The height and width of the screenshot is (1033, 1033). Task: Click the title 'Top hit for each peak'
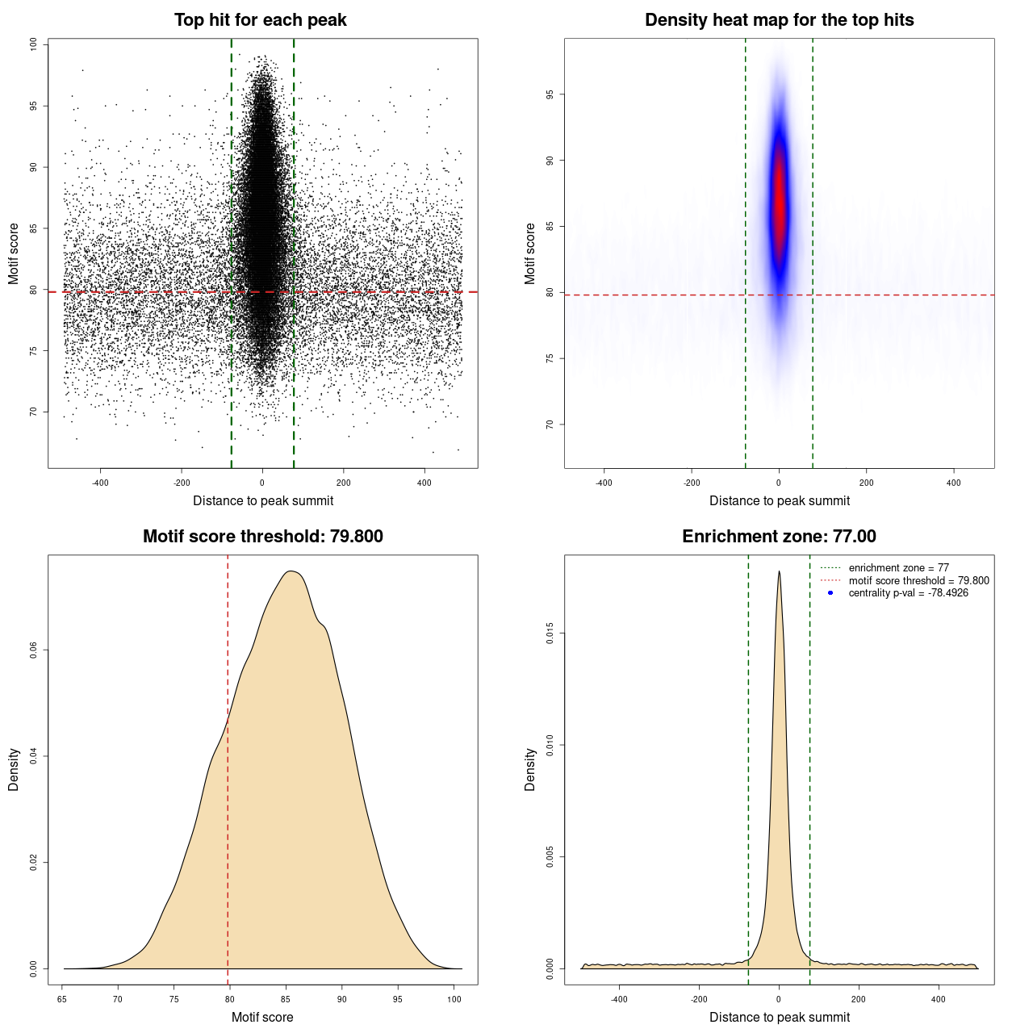pos(260,20)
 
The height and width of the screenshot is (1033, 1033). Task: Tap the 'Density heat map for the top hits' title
pos(779,20)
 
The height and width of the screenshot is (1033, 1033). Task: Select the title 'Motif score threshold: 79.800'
pos(262,537)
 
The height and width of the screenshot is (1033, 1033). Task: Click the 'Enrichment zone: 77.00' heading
pos(779,537)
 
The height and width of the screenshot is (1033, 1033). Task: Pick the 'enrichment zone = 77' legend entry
pos(898,568)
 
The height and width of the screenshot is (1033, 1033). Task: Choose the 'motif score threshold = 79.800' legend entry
pos(918,580)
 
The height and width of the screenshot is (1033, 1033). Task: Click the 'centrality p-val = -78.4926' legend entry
pos(908,593)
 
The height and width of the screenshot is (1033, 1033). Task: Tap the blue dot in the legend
pos(830,593)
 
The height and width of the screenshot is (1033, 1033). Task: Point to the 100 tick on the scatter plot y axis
pos(33,44)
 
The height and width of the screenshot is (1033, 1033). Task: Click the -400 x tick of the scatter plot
pos(100,483)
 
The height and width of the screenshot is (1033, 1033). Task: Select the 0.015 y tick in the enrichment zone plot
pos(550,634)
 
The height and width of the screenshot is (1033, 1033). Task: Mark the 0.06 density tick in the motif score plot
pos(33,650)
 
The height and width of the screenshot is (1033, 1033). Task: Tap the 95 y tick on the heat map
pos(550,94)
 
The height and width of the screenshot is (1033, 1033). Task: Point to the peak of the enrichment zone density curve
pos(779,572)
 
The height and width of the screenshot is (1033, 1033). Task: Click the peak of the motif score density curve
pos(292,571)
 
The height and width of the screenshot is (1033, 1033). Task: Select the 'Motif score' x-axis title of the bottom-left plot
pos(262,1017)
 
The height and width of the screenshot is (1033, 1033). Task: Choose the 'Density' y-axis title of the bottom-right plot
pos(530,769)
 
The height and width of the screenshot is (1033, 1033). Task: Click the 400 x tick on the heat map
pos(954,483)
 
